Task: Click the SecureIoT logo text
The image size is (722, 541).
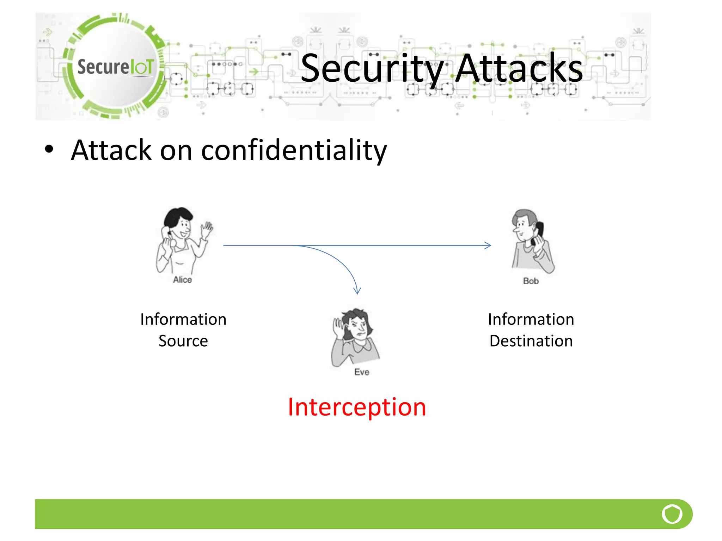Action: pyautogui.click(x=116, y=67)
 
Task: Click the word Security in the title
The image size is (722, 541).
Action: pyautogui.click(x=372, y=69)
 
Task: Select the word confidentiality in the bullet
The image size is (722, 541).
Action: pyautogui.click(x=294, y=150)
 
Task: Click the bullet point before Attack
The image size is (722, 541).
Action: pyautogui.click(x=49, y=149)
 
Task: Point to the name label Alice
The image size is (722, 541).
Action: pyautogui.click(x=182, y=280)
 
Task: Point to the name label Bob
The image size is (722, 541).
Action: pyautogui.click(x=531, y=281)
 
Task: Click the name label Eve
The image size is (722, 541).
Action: pyautogui.click(x=362, y=372)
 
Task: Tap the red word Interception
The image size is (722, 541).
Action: pyautogui.click(x=357, y=407)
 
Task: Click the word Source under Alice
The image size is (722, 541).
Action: pyautogui.click(x=183, y=341)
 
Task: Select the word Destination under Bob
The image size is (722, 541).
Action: pyautogui.click(x=531, y=341)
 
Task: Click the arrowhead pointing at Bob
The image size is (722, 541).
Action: pyautogui.click(x=488, y=245)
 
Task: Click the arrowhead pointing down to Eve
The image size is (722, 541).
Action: pyautogui.click(x=357, y=291)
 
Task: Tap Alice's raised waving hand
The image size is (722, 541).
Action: pyautogui.click(x=207, y=230)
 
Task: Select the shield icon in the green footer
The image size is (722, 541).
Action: pyautogui.click(x=672, y=514)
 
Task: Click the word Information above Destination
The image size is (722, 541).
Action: pyautogui.click(x=531, y=319)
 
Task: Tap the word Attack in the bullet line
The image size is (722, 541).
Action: pyautogui.click(x=111, y=150)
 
